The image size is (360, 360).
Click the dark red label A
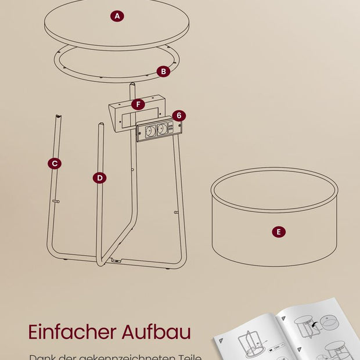[117, 16]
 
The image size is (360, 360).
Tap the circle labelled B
[163, 71]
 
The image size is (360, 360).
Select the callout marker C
[54, 164]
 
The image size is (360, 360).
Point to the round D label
[99, 178]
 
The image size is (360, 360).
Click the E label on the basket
[278, 232]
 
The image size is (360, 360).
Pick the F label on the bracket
[138, 105]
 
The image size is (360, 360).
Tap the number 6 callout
[179, 116]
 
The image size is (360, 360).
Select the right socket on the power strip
[162, 129]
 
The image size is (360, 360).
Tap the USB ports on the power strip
[171, 127]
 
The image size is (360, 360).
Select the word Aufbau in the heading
[157, 332]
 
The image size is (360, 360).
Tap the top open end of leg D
[100, 125]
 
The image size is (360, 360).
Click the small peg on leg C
[56, 201]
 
